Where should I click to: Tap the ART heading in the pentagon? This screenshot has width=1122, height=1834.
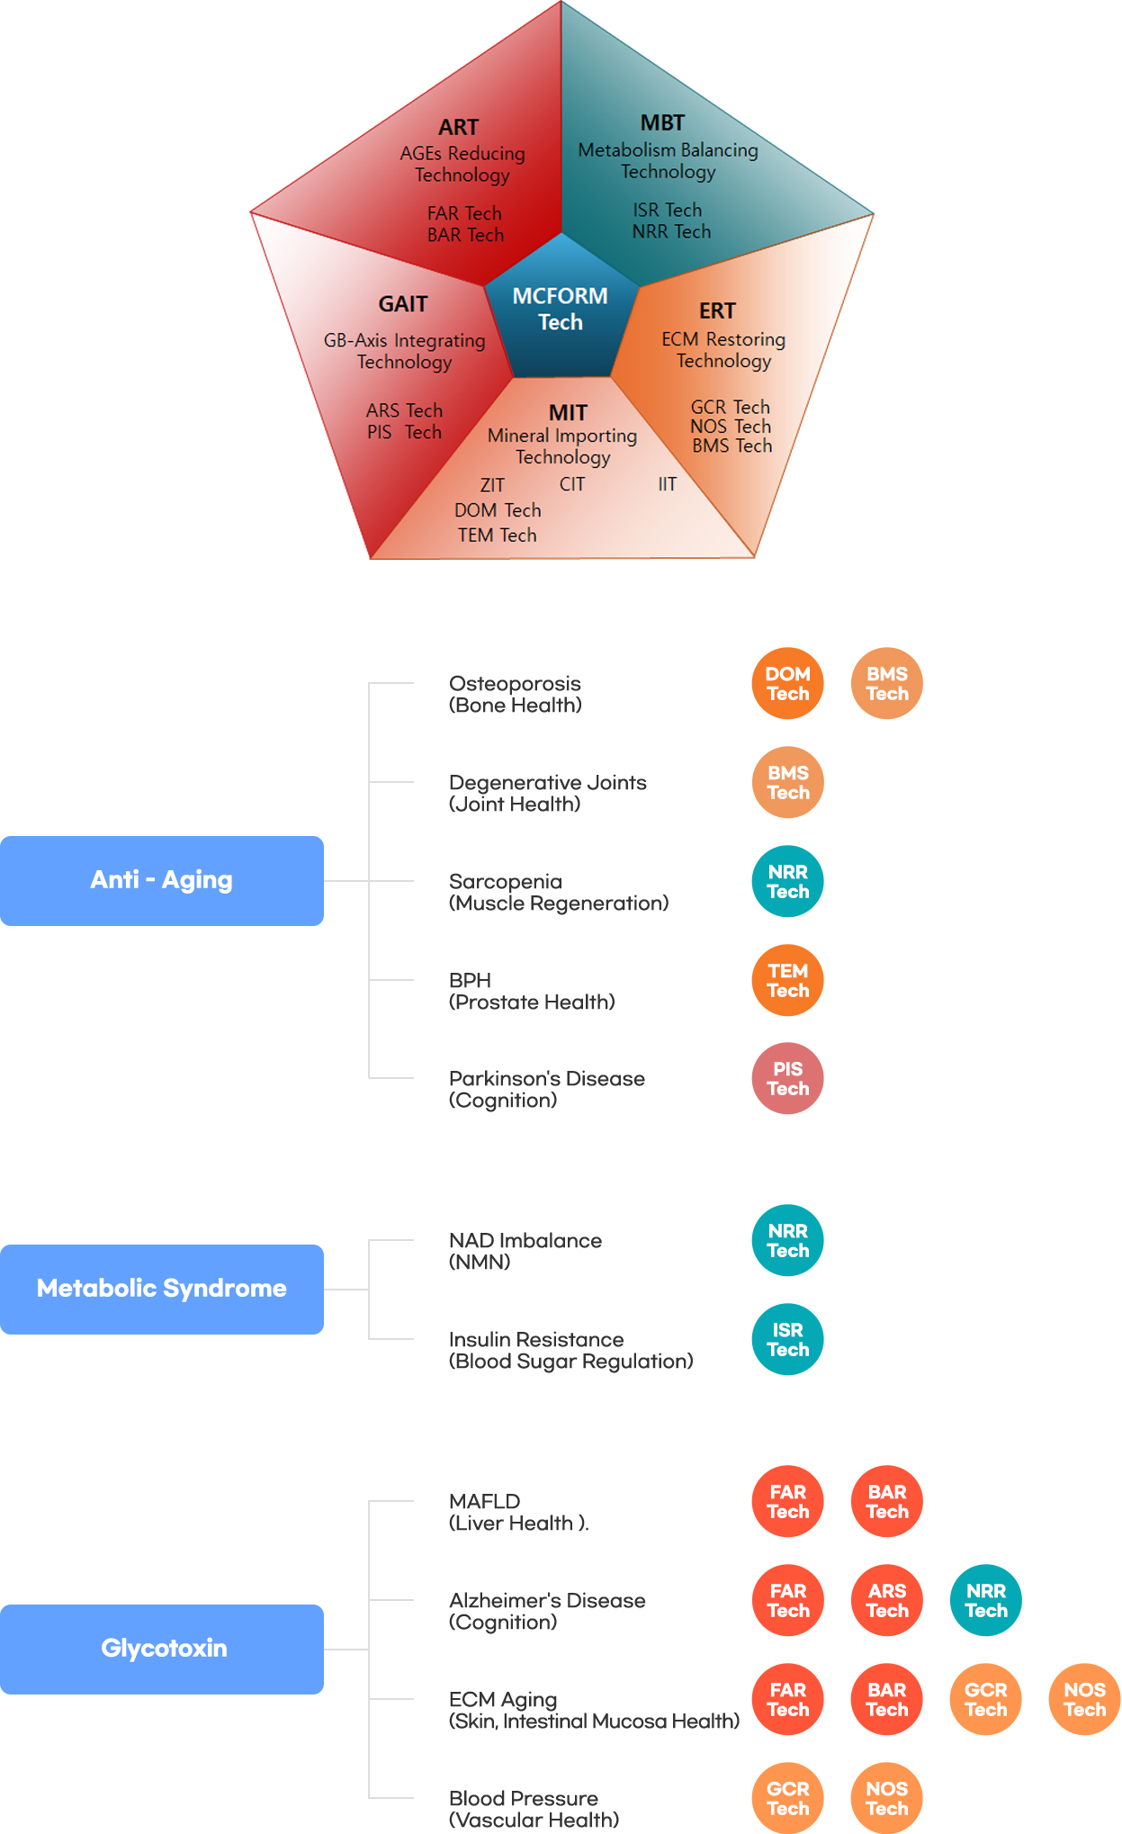(459, 127)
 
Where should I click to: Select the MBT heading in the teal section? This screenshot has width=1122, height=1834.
(662, 122)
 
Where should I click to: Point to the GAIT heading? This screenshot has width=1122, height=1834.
(403, 304)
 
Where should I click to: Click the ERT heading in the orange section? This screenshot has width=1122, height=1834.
(717, 310)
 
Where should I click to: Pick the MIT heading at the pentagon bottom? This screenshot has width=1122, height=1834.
(568, 412)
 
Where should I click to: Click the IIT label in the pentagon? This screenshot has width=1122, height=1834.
(667, 484)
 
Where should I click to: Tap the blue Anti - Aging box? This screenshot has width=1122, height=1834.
(162, 880)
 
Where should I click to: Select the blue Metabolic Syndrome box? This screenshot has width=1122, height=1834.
(162, 1289)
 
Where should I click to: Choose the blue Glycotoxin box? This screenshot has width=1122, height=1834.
(162, 1649)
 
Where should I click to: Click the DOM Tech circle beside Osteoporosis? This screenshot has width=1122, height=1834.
(788, 683)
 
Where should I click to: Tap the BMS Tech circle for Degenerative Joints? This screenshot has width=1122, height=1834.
(788, 782)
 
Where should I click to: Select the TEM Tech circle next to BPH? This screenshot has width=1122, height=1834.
(788, 980)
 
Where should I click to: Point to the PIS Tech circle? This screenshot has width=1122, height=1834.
(788, 1078)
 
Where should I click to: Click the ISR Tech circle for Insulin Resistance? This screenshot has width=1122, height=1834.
(788, 1339)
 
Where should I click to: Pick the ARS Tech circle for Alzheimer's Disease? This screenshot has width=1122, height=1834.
(887, 1600)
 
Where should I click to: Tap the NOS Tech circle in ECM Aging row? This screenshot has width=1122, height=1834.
(1085, 1699)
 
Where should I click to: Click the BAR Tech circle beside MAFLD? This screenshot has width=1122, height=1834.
(887, 1501)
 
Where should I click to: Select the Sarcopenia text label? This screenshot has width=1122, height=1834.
(506, 882)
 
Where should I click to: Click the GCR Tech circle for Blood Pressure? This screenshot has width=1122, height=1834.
(788, 1798)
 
